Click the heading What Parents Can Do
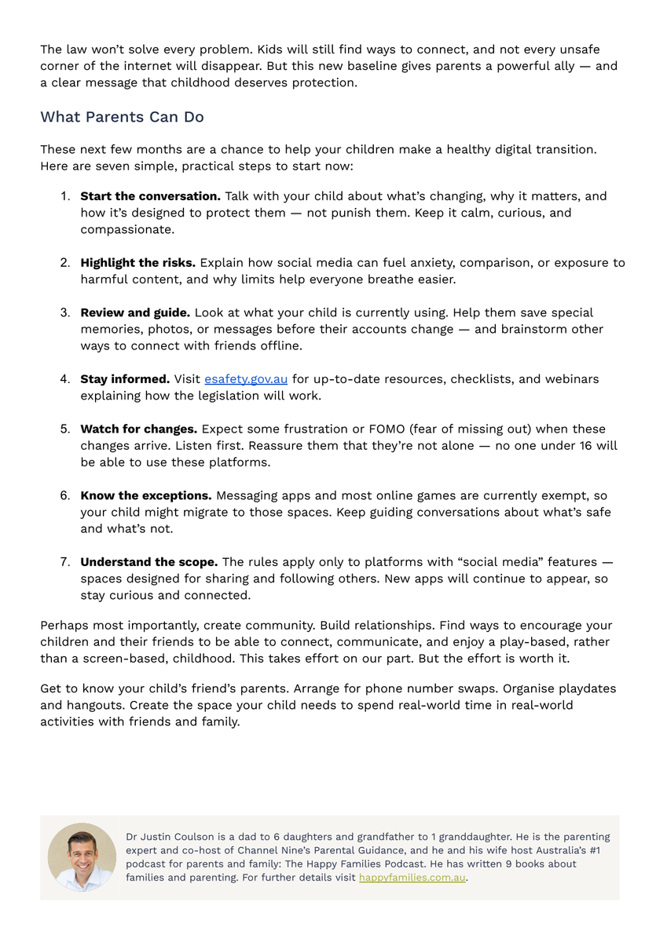pyautogui.click(x=122, y=117)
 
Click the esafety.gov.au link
pyautogui.click(x=246, y=379)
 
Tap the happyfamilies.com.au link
pyautogui.click(x=412, y=878)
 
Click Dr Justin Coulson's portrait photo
pyautogui.click(x=82, y=857)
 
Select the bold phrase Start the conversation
pyautogui.click(x=150, y=196)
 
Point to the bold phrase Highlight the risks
pyautogui.click(x=138, y=263)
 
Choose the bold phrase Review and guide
pyautogui.click(x=134, y=312)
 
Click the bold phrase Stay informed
pyautogui.click(x=125, y=379)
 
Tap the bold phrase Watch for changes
pyautogui.click(x=138, y=429)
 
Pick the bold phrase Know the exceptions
pyautogui.click(x=145, y=496)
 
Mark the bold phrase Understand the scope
pyautogui.click(x=148, y=562)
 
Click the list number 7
pyautogui.click(x=65, y=562)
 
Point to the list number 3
pyautogui.click(x=65, y=312)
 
